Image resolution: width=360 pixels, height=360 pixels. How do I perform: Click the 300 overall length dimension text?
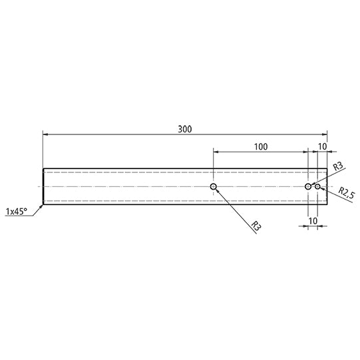[x=185, y=128]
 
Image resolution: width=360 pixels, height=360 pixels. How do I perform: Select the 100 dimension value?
[x=260, y=145]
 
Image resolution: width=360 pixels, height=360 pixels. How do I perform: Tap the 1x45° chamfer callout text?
[x=16, y=212]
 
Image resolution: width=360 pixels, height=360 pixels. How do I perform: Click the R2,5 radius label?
[x=343, y=194]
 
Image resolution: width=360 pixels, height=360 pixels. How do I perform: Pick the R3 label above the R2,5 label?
[x=337, y=166]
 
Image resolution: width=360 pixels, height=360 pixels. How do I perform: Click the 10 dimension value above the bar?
[x=322, y=145]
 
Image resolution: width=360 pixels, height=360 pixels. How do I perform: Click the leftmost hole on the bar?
[x=213, y=187]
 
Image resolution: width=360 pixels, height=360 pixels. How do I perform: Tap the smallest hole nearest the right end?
[x=318, y=187]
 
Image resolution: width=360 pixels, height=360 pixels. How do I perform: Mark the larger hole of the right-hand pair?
[x=308, y=187]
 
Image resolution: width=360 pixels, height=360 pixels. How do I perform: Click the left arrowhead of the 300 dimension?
[x=45, y=135]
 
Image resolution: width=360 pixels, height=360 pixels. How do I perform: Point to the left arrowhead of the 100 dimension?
[x=216, y=152]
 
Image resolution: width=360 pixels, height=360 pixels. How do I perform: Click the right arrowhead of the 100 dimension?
[x=305, y=152]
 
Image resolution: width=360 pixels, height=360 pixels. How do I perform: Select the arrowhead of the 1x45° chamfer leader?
[x=43, y=205]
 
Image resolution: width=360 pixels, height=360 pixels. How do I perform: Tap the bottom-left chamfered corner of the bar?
[x=44, y=204]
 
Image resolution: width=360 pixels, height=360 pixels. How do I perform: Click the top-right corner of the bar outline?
[x=327, y=168]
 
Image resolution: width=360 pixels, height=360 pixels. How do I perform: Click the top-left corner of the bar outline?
[x=44, y=168]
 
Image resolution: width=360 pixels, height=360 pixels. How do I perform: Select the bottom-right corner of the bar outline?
[x=327, y=205]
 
